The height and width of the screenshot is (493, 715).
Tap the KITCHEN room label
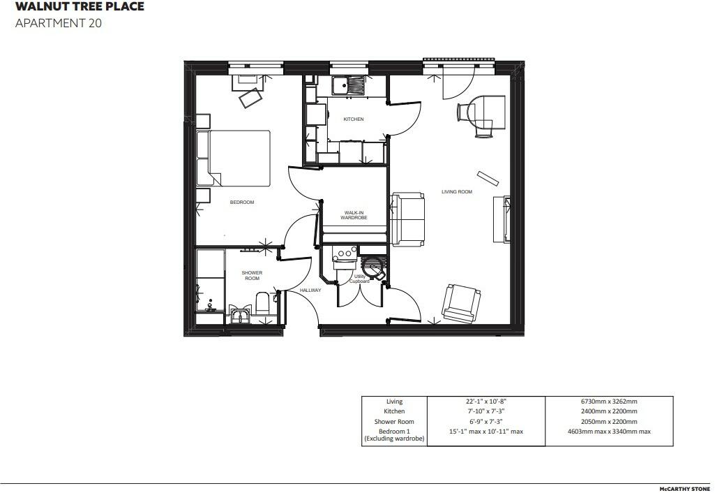pos(353,119)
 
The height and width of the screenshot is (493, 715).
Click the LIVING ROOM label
pos(457,191)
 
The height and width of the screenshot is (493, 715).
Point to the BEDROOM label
pos(242,203)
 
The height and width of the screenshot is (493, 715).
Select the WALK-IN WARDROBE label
pos(354,215)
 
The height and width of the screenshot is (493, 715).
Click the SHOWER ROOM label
pos(252,276)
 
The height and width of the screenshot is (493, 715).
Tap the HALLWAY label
pos(310,290)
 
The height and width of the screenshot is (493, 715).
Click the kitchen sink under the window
pos(348,86)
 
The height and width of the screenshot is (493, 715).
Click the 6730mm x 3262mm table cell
pos(608,402)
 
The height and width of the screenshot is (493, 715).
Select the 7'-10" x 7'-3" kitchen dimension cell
pos(486,411)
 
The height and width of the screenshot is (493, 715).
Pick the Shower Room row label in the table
pos(394,422)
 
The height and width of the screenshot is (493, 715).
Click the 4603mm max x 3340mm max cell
pos(608,432)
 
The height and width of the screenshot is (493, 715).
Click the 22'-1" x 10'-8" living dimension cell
pos(486,402)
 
